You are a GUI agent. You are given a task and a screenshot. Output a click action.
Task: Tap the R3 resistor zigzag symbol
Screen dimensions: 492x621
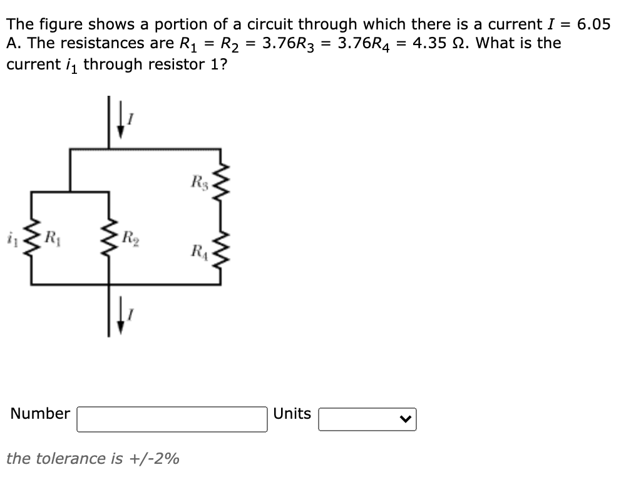pyautogui.click(x=220, y=185)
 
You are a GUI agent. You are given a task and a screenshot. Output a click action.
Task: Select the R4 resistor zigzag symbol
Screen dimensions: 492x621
pyautogui.click(x=220, y=255)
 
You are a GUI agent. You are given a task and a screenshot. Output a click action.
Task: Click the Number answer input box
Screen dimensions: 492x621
pyautogui.click(x=172, y=419)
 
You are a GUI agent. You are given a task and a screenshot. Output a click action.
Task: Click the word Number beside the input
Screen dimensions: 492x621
pyautogui.click(x=40, y=414)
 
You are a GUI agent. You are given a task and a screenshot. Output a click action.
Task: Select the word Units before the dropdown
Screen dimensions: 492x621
pyautogui.click(x=292, y=414)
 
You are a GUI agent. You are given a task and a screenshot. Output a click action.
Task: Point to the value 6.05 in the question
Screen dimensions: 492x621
pyautogui.click(x=593, y=24)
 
